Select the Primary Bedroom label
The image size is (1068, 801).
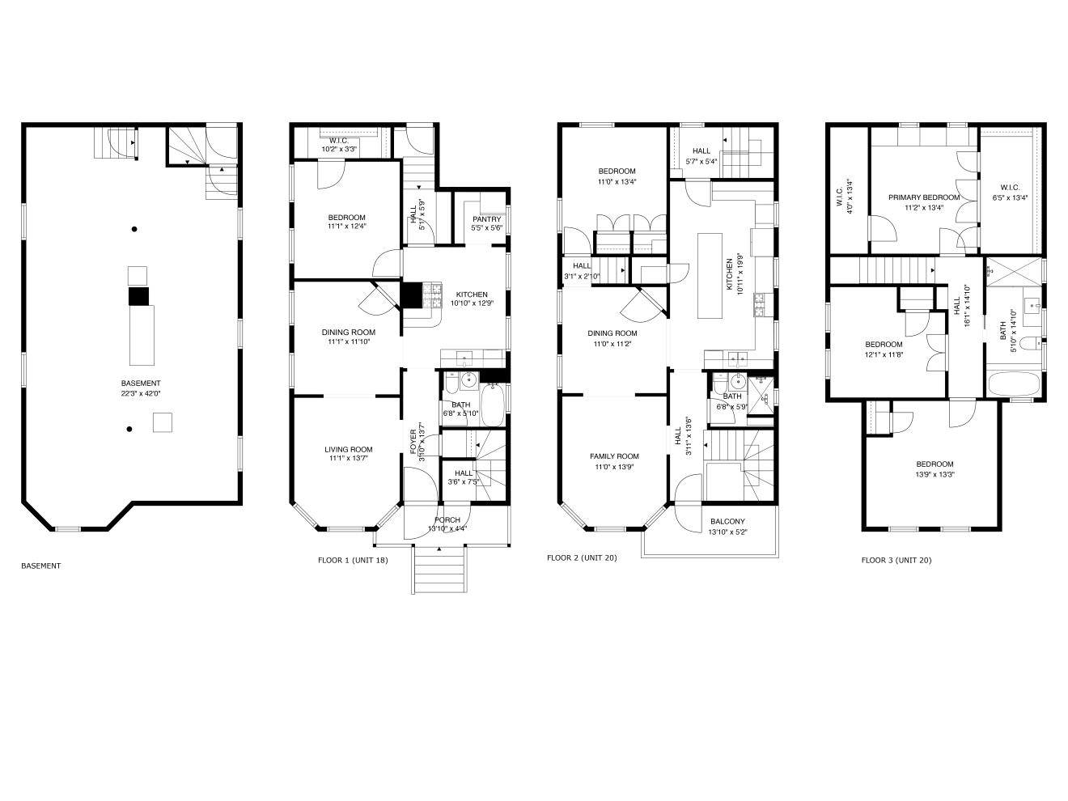tap(923, 197)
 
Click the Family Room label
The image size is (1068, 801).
tap(614, 456)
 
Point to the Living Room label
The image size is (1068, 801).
tap(349, 449)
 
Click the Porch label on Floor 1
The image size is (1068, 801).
tap(447, 520)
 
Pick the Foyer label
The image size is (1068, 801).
tap(413, 442)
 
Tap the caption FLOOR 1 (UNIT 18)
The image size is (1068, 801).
tap(353, 560)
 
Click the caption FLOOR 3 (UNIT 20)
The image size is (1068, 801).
tap(896, 560)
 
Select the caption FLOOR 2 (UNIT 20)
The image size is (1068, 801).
tap(582, 557)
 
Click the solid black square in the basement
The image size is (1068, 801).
tap(138, 296)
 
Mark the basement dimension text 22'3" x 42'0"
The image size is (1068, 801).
tap(141, 393)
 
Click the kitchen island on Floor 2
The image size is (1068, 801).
tap(710, 276)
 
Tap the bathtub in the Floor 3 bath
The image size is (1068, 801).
tap(1014, 384)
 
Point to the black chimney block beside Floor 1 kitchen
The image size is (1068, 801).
tap(412, 295)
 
